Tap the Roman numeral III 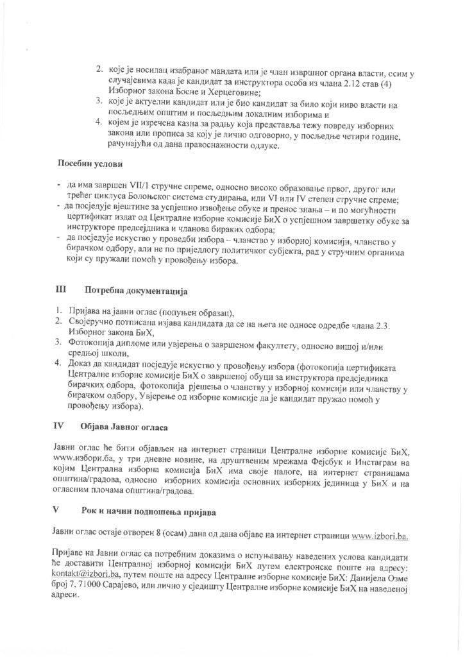coord(61,291)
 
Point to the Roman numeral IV coord(58,426)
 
